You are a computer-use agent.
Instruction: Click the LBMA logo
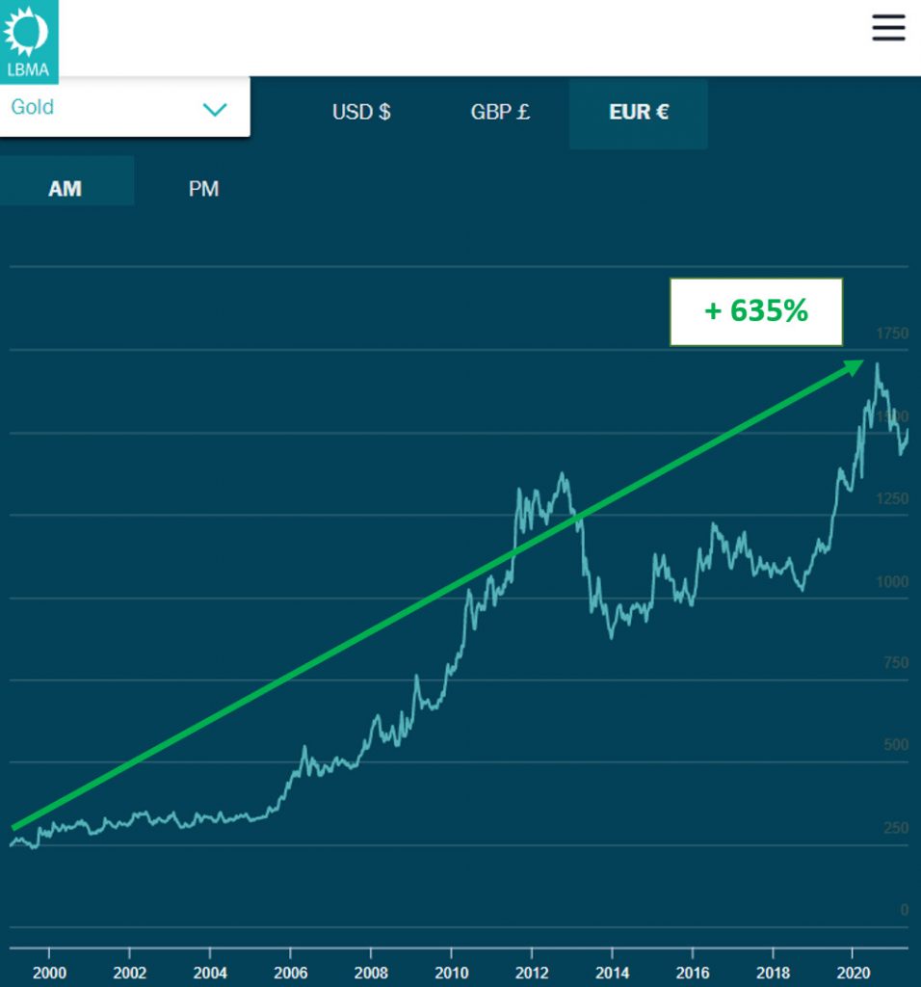coord(28,40)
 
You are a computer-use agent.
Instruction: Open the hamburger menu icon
coord(888,28)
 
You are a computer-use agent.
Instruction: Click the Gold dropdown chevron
coord(214,109)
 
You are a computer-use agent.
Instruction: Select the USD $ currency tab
coord(361,112)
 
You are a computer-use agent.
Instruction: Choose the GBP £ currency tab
coord(500,112)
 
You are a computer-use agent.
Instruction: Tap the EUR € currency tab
coord(638,112)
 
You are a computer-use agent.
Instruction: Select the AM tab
coord(66,189)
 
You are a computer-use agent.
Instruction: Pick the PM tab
coord(203,189)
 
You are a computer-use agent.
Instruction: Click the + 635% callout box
coord(756,311)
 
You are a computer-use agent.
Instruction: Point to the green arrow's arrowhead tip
coord(862,361)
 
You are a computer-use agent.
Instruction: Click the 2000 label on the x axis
coord(49,972)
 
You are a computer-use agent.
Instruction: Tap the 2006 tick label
coord(290,972)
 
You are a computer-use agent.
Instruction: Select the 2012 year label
coord(532,972)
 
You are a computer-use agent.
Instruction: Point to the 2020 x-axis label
coord(854,972)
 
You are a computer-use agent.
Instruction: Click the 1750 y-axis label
coord(891,333)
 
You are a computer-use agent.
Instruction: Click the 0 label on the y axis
coord(904,910)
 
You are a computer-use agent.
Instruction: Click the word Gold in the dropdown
coord(33,107)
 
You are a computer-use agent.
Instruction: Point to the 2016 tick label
coord(693,972)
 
